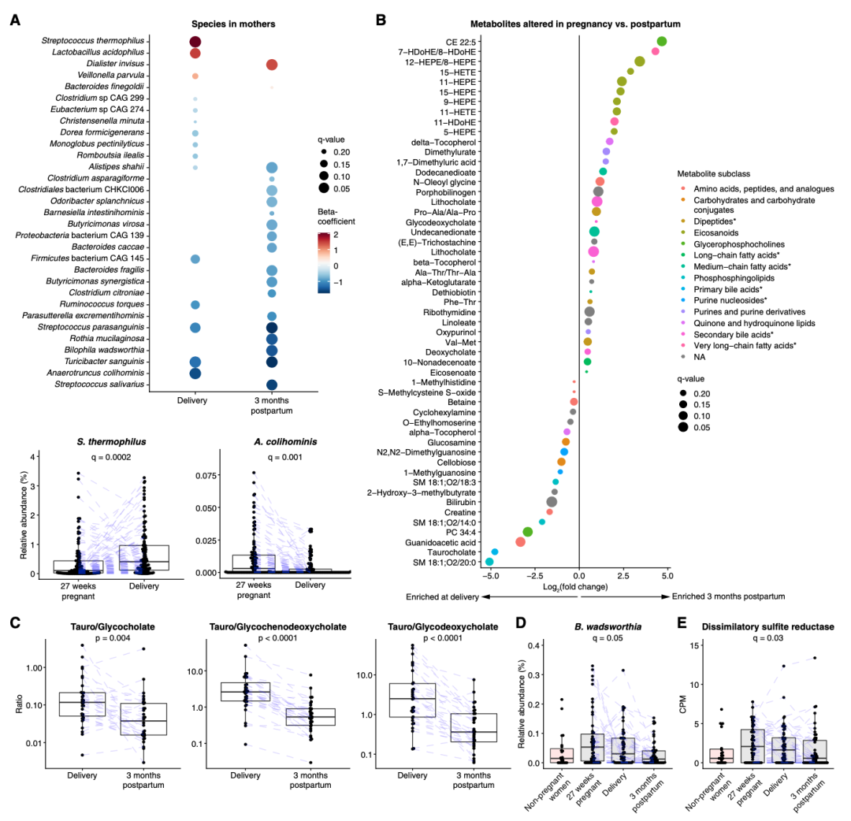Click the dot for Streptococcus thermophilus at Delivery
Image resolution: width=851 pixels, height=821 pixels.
point(195,42)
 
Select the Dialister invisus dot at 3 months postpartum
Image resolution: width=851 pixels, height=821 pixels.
point(271,65)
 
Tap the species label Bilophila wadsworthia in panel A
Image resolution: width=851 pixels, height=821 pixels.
point(102,350)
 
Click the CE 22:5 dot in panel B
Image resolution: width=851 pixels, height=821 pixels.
point(662,41)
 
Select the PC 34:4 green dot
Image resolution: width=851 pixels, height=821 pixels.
point(528,532)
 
